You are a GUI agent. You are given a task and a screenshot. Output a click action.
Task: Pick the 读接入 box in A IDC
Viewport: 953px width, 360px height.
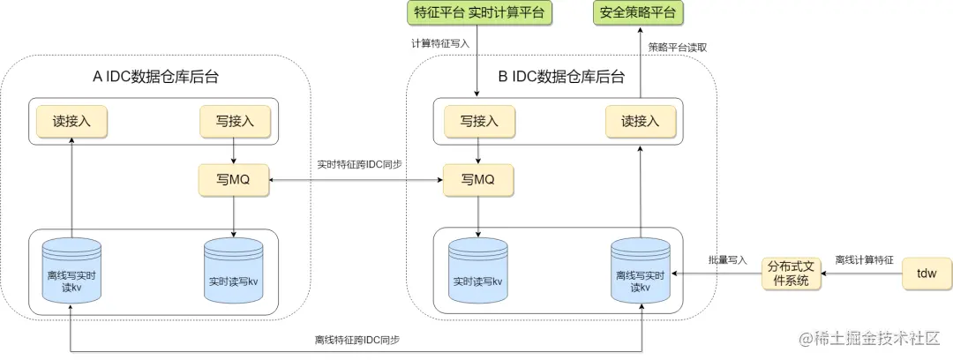click(71, 122)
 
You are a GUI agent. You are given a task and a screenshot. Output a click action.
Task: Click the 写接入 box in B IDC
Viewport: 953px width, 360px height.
click(478, 122)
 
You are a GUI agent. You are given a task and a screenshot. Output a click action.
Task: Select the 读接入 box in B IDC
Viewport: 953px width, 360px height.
click(640, 122)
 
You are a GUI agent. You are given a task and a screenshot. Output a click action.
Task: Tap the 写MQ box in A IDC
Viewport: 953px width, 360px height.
click(233, 179)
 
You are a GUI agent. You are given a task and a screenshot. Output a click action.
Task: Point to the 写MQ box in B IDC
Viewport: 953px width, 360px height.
click(478, 179)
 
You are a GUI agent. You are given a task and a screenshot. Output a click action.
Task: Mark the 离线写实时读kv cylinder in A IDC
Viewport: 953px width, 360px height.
click(71, 274)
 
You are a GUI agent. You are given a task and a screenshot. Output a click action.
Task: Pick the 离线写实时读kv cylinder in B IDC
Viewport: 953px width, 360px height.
click(640, 274)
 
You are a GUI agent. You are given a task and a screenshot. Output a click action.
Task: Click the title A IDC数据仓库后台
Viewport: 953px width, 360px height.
click(156, 77)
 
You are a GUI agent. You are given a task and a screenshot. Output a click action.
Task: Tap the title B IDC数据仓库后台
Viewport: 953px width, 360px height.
click(561, 77)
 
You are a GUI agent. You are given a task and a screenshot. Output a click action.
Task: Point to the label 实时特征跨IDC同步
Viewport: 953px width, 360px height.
click(358, 164)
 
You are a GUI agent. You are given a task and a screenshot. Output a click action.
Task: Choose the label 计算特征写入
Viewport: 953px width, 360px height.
click(439, 42)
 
